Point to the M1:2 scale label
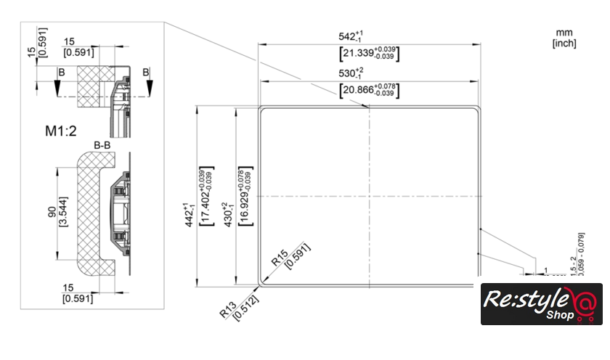[x=62, y=131]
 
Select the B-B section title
[x=102, y=146]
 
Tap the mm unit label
[x=564, y=33]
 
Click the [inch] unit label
[x=564, y=44]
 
